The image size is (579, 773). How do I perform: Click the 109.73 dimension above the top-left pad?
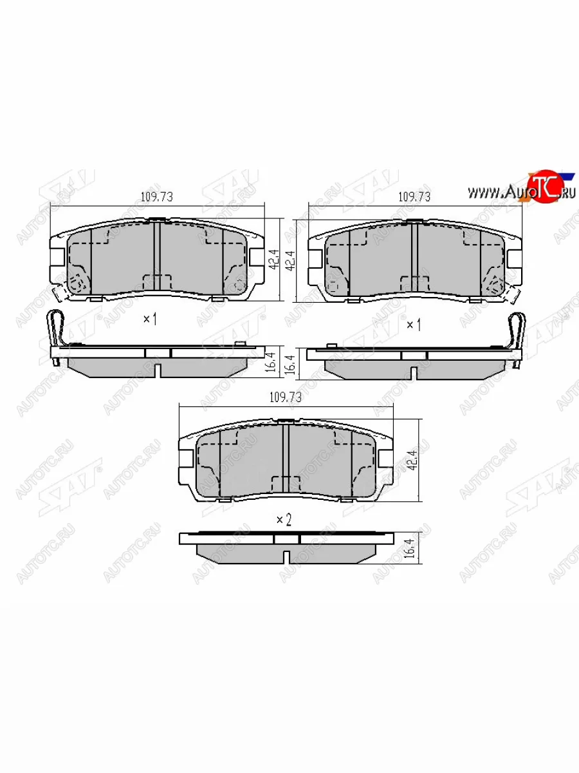click(x=156, y=197)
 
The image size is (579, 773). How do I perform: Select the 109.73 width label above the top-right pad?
click(x=414, y=197)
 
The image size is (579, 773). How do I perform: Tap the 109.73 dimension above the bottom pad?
click(x=285, y=398)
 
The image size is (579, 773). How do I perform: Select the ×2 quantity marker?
click(x=284, y=520)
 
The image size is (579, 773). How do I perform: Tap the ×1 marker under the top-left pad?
click(x=149, y=319)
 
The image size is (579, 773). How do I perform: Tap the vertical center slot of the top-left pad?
click(x=156, y=258)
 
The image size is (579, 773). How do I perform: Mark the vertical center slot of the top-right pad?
click(x=415, y=258)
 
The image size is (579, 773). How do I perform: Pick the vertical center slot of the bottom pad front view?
click(x=285, y=459)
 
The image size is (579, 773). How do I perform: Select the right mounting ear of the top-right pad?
click(x=516, y=258)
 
